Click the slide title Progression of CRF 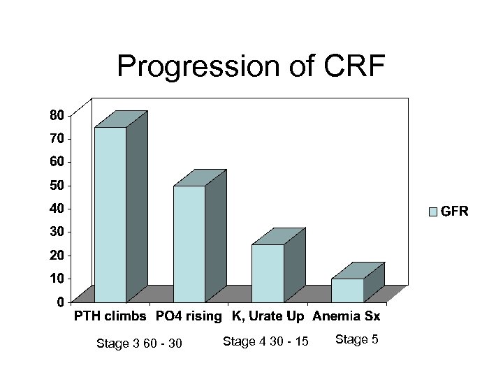coord(251,66)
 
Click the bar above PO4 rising coord(189,243)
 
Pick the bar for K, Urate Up coord(268,272)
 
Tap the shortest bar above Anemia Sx coord(347,290)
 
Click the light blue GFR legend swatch coord(432,211)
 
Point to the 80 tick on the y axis coord(57,114)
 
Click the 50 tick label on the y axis coord(57,185)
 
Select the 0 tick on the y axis coord(61,302)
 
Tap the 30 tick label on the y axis coord(57,232)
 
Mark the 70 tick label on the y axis coord(57,138)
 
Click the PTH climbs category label coord(111,317)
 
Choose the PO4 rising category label coord(188,317)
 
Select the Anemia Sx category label coord(347,317)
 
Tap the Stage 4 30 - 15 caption coord(265,341)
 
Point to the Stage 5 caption coord(357,339)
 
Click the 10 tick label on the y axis coord(57,279)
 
